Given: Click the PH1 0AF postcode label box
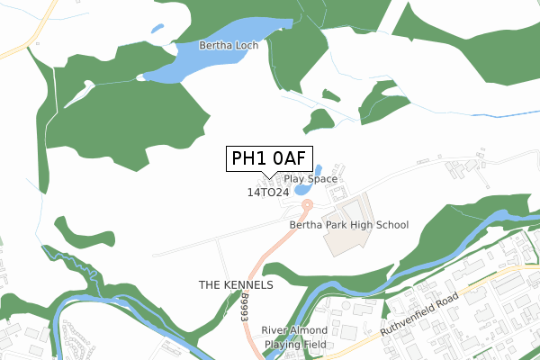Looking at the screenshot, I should click(270, 159).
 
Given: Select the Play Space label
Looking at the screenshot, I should click(310, 179).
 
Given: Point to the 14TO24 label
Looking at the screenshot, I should click(267, 193).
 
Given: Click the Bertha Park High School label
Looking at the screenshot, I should click(349, 225).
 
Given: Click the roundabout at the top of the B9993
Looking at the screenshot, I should click(307, 205).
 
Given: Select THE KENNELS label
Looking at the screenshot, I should click(235, 284).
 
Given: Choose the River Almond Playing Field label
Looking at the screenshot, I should click(294, 337).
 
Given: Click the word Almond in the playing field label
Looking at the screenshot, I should click(310, 330).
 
